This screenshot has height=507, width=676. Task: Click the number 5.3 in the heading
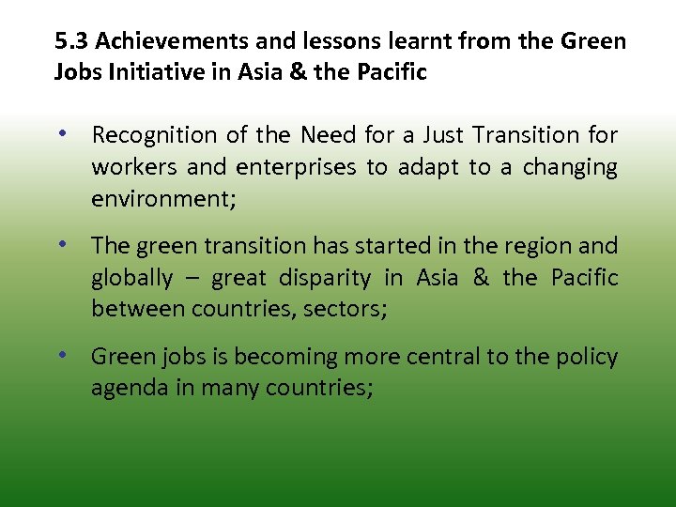point(71,42)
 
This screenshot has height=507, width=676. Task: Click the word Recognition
point(154,135)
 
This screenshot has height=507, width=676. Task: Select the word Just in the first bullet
point(440,135)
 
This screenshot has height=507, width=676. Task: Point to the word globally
point(132,278)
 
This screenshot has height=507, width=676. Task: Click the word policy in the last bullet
point(587,357)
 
